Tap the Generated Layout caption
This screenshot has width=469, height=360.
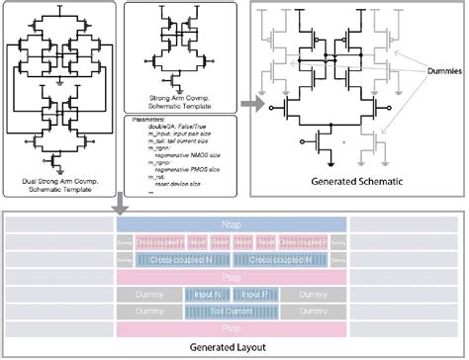pyautogui.click(x=234, y=348)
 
